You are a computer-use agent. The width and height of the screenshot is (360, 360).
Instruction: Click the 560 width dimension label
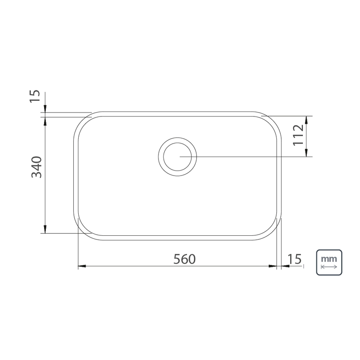click(x=184, y=259)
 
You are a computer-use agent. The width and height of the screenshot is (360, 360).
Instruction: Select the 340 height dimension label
click(x=37, y=167)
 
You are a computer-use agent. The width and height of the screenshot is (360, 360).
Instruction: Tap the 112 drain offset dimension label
click(x=298, y=135)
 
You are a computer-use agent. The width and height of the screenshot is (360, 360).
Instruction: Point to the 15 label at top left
click(x=35, y=96)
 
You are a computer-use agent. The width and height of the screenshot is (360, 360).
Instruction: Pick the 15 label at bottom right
click(x=294, y=259)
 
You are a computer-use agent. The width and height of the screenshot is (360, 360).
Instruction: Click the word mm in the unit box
click(x=329, y=259)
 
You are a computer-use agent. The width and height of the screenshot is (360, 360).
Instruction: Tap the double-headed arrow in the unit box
click(x=329, y=267)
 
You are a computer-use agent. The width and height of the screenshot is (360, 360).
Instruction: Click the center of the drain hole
click(x=177, y=157)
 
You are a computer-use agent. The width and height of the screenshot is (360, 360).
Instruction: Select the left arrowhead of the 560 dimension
click(x=82, y=266)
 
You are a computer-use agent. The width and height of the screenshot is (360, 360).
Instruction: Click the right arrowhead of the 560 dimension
click(x=273, y=266)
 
